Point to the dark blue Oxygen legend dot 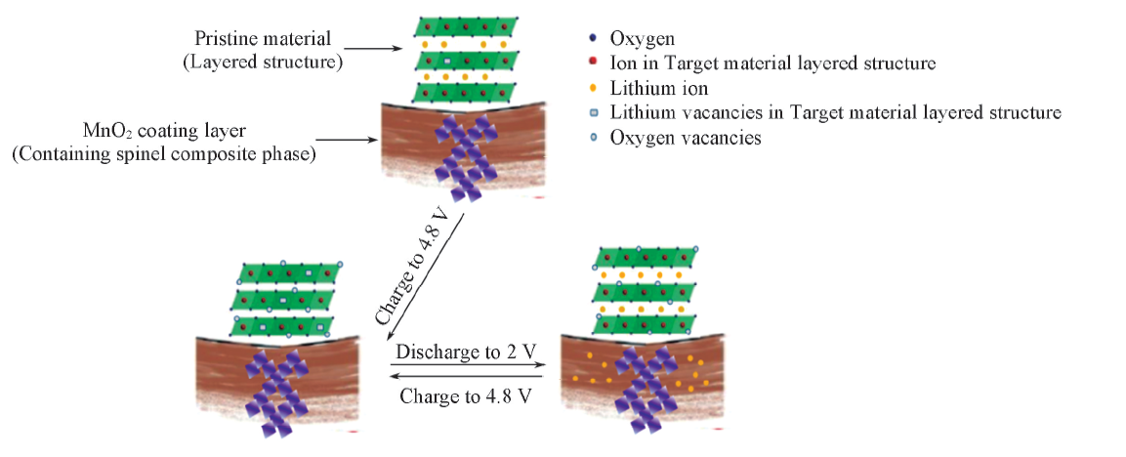[594, 39]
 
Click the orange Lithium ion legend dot [594, 89]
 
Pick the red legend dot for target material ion [594, 63]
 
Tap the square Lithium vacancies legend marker [594, 113]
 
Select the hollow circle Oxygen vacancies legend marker [594, 139]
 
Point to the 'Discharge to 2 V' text [467, 349]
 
